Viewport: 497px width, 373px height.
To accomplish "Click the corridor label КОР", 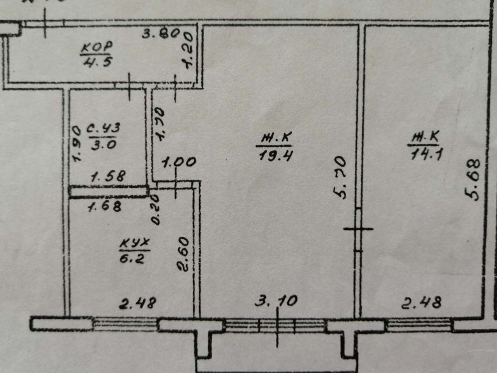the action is pos(97,47).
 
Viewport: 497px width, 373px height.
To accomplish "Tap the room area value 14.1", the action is pos(424,154).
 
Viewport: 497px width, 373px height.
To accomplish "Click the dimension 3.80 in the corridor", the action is pos(161,35).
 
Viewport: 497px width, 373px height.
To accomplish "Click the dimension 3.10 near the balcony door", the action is pos(276,300).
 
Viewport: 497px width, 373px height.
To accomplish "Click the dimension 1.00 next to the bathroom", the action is pos(179,162).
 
